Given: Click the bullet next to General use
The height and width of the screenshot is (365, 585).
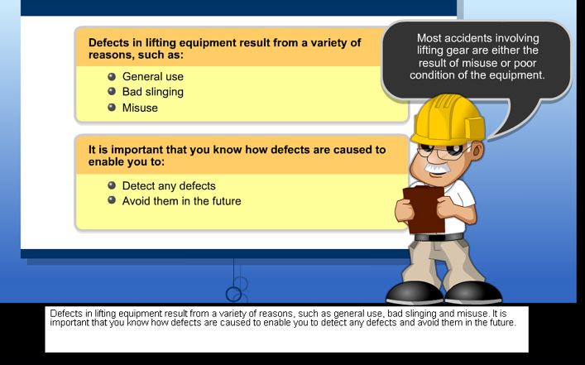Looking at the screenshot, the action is (x=112, y=76).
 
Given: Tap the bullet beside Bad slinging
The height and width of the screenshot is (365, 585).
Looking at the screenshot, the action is (x=112, y=91).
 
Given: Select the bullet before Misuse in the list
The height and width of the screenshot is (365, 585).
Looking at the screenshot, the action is (x=112, y=108).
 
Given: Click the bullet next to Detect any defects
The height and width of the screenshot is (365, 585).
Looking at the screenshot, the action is (x=112, y=185).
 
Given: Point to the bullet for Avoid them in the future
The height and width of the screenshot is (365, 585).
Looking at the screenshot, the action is (x=112, y=200).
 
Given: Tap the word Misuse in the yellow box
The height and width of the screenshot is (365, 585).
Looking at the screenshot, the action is (x=140, y=108).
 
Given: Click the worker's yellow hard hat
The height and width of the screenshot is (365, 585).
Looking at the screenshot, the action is (x=448, y=119).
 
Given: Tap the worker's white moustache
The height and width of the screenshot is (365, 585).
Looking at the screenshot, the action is (x=437, y=167).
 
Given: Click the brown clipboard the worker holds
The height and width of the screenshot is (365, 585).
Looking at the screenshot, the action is (x=424, y=209).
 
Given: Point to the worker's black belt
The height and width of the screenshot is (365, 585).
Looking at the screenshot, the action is (x=439, y=237).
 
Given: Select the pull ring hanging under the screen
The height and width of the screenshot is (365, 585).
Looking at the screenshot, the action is (x=233, y=295).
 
